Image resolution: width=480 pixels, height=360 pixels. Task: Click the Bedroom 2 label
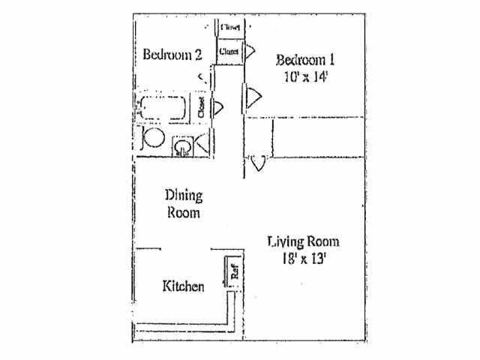[172, 54]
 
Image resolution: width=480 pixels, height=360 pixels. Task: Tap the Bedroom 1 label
[304, 60]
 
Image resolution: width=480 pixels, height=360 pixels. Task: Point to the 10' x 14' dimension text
[306, 76]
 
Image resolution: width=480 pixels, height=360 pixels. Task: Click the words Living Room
[303, 241]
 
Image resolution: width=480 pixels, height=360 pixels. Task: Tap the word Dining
[184, 196]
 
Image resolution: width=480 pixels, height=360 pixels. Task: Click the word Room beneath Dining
[184, 212]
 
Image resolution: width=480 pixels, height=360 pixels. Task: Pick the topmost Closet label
[229, 26]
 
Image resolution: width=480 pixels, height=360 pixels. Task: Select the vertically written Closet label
[201, 106]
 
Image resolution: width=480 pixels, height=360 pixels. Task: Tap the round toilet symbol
[153, 138]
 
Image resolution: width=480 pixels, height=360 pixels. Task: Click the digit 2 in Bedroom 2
[198, 54]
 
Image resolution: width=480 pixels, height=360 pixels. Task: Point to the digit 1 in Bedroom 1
[330, 60]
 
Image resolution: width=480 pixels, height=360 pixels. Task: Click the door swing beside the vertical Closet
[217, 106]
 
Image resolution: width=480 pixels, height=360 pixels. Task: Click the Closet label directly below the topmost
[229, 52]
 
